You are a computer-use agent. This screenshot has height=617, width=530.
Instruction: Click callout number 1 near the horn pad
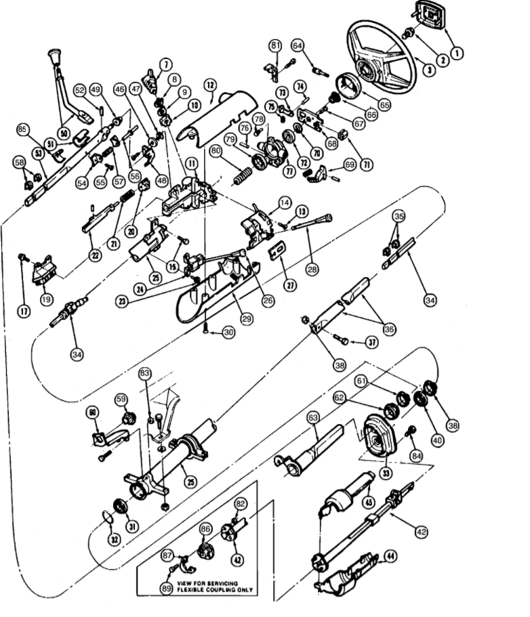coord(457,51)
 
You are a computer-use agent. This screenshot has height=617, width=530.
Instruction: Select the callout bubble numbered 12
coord(211,85)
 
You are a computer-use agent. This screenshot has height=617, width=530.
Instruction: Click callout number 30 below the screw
coord(228,333)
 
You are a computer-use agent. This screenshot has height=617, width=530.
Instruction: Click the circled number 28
coord(312,270)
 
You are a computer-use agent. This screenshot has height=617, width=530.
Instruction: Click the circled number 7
coord(166,65)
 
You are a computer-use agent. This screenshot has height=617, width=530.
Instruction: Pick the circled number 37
coord(371,342)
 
